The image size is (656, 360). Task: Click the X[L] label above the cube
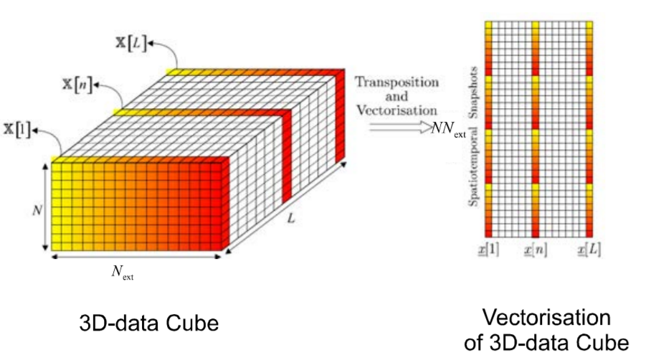133,43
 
